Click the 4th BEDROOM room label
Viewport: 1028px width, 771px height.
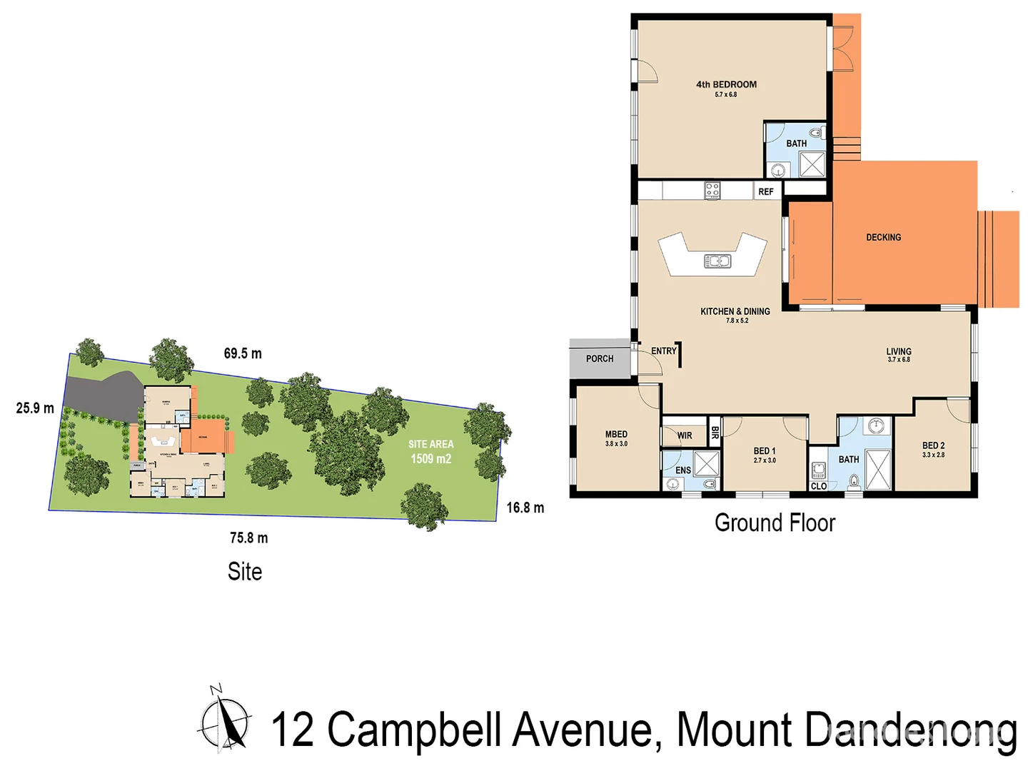pos(726,85)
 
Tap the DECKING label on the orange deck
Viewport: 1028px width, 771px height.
pos(883,238)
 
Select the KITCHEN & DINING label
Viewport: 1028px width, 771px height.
pos(735,312)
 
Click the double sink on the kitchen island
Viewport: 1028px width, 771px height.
pos(717,261)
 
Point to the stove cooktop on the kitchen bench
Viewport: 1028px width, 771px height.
pos(712,190)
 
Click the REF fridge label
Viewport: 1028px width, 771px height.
pos(766,191)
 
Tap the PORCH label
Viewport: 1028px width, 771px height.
pos(600,359)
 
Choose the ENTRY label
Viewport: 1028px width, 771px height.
pos(663,351)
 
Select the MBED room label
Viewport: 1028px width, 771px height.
pos(616,435)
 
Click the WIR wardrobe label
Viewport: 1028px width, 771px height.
pos(684,435)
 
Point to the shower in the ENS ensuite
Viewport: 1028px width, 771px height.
pos(706,463)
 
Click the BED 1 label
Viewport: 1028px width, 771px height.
pos(764,451)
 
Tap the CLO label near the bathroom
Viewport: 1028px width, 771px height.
pos(818,486)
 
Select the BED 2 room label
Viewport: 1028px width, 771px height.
pos(933,445)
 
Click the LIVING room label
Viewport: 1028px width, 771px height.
pos(899,352)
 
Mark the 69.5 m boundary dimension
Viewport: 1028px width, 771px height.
pos(243,353)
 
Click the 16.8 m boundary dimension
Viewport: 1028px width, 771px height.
pos(525,508)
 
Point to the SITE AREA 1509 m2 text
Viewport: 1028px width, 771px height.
pos(430,451)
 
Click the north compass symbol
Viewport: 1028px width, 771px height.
pos(225,721)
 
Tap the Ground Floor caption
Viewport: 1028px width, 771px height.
pos(775,523)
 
